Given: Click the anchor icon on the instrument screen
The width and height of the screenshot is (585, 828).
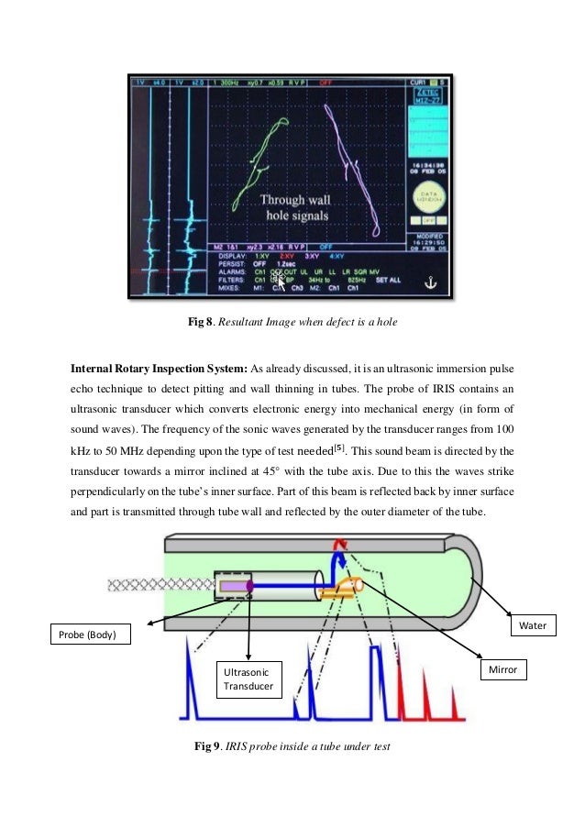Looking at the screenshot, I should point(425,283).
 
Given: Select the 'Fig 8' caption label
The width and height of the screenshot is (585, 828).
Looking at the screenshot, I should point(200,322).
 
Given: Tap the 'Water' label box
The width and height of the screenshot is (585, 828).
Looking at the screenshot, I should point(533,626).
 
